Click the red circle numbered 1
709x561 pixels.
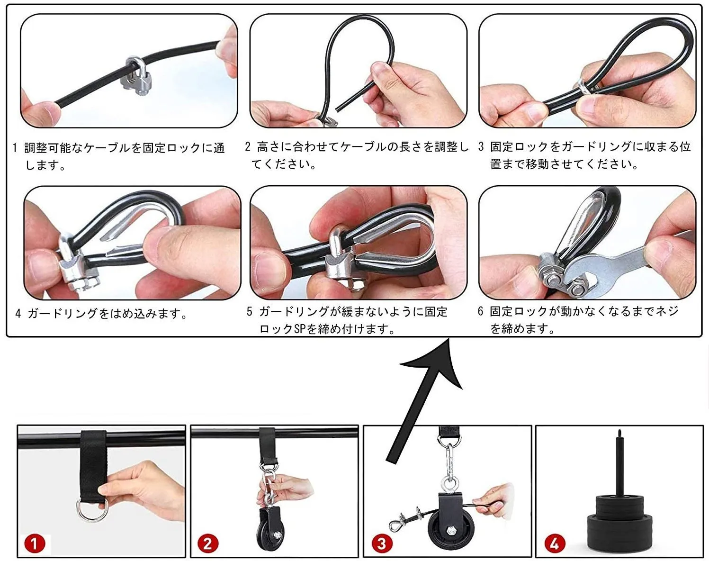click(35, 543)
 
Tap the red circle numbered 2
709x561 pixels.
click(208, 543)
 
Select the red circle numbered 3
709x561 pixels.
click(382, 543)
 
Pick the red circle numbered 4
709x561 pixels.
click(555, 543)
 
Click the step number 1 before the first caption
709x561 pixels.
click(15, 148)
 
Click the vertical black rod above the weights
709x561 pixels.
click(619, 461)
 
